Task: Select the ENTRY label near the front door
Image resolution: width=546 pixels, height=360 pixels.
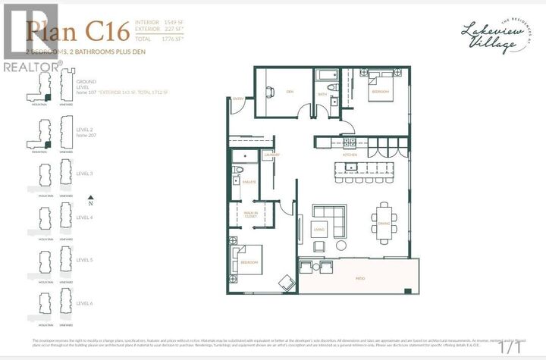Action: [x=238, y=99]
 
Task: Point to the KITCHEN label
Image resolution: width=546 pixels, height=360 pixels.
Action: [x=350, y=155]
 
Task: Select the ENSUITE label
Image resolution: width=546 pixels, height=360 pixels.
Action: [x=249, y=183]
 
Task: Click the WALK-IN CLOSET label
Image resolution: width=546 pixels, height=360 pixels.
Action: [x=250, y=214]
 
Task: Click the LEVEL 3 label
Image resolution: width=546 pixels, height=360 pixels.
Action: [x=84, y=174]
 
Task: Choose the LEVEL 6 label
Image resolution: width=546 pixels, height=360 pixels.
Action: [x=84, y=303]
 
